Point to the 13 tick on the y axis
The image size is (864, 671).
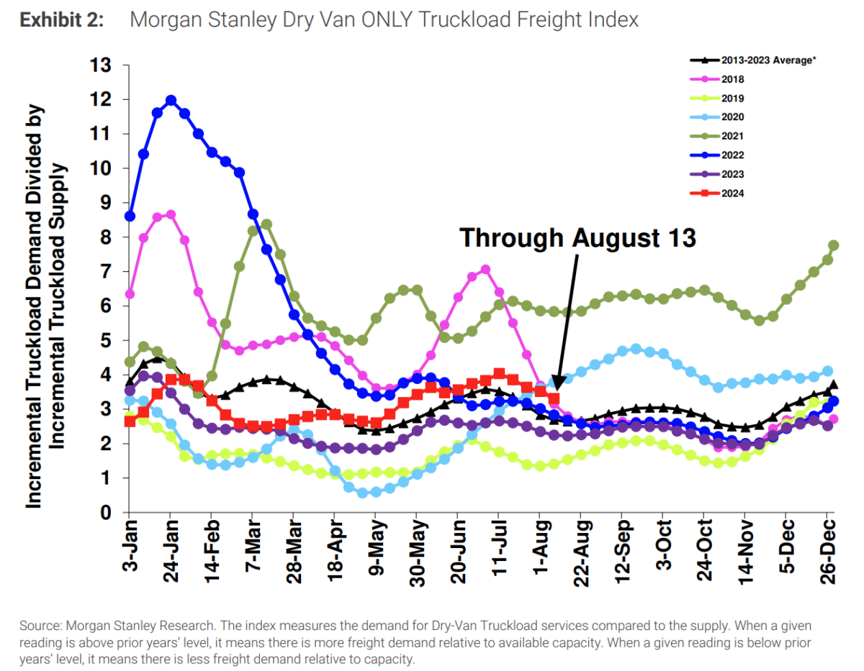101,65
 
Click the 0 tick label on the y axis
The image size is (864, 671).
106,513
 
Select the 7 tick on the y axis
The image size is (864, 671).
106,272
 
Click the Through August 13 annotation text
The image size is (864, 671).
577,237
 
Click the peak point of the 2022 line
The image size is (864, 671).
171,101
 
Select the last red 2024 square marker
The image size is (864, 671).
553,398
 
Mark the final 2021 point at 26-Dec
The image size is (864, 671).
833,245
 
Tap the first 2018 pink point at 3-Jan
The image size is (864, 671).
130,294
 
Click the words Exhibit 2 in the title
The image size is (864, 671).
61,19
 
